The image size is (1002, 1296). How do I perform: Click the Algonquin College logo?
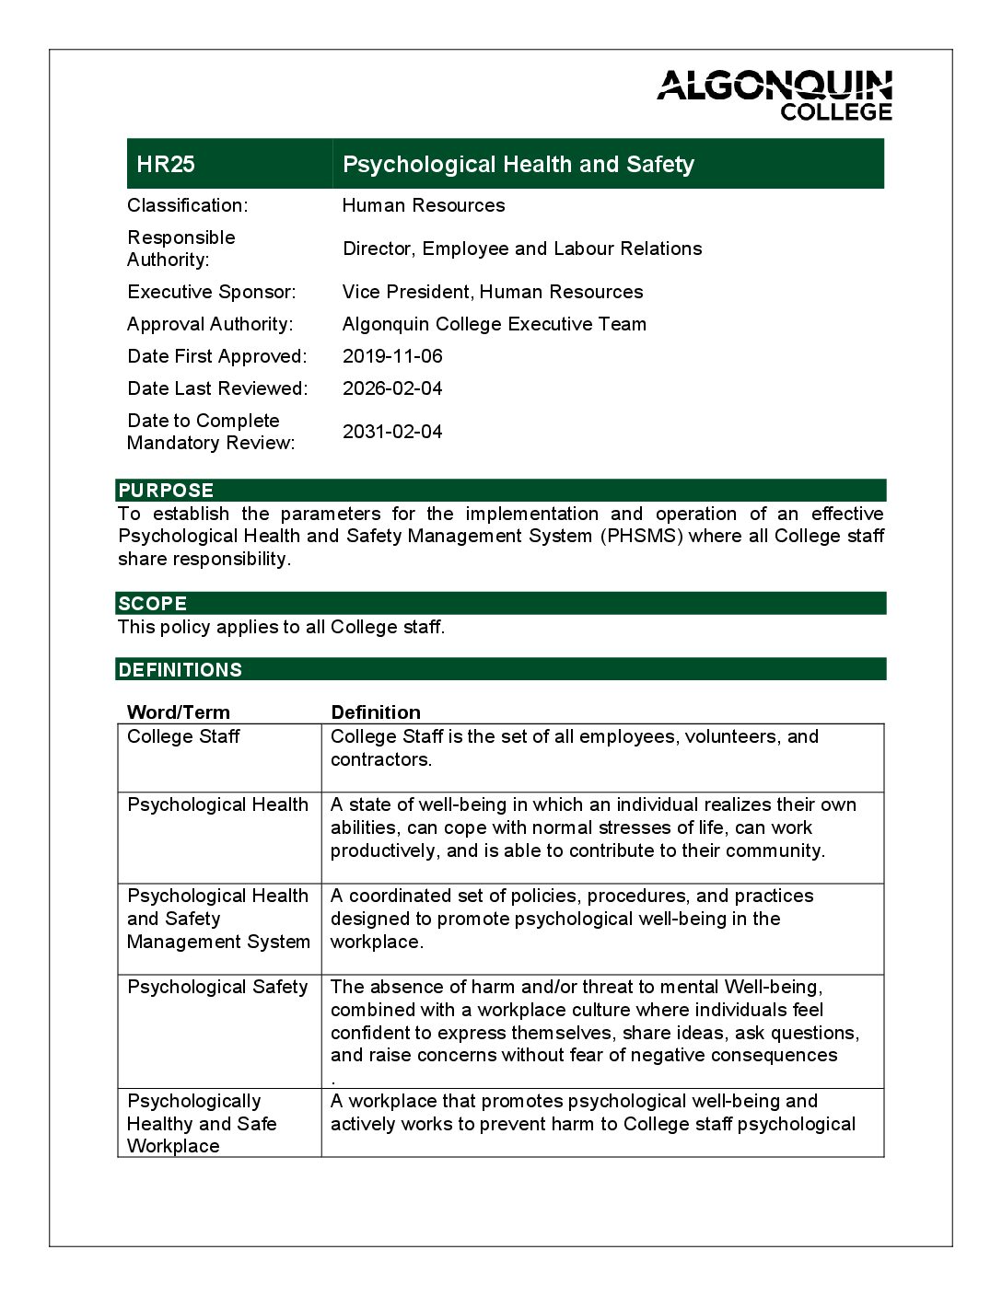[775, 95]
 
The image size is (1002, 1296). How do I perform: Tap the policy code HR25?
[166, 164]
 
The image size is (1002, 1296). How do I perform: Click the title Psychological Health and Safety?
[518, 164]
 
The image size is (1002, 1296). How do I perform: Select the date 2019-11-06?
[392, 356]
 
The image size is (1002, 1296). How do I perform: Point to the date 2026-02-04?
[392, 388]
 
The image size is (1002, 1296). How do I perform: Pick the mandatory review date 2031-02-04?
[392, 432]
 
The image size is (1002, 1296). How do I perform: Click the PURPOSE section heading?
[166, 491]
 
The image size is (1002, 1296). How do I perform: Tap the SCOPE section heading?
[152, 604]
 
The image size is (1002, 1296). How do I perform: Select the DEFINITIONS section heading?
[180, 670]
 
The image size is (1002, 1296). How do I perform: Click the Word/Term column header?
[179, 712]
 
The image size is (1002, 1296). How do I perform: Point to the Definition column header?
[376, 712]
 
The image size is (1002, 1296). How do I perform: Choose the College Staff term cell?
[183, 737]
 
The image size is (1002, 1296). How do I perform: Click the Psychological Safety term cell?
[217, 988]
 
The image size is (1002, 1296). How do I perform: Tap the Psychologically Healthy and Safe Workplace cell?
[202, 1124]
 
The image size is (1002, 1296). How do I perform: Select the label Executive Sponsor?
[212, 292]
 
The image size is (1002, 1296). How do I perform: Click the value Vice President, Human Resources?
[493, 292]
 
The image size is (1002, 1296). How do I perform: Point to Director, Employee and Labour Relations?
[522, 249]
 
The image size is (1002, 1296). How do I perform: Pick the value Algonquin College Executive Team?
[495, 324]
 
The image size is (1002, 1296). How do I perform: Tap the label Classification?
[188, 205]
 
